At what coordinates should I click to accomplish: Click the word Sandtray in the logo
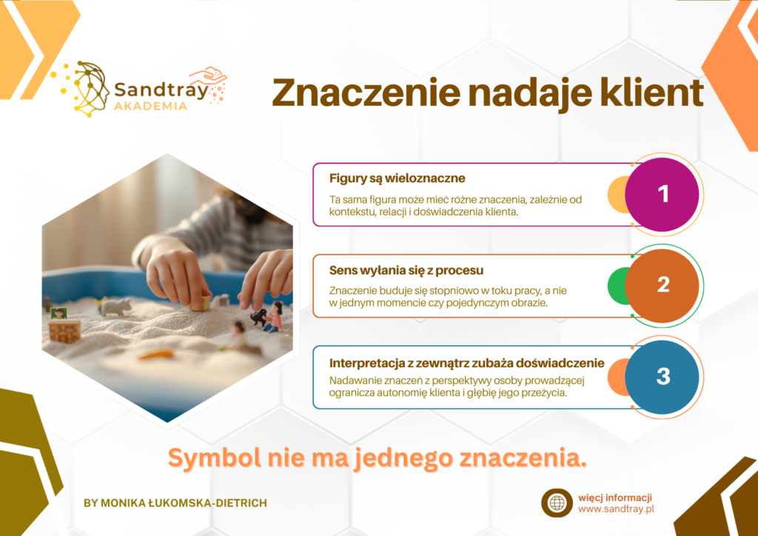tap(161, 90)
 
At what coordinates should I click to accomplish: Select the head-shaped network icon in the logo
tap(91, 89)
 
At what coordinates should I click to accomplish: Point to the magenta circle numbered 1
tap(662, 194)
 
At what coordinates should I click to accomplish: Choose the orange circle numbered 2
tap(662, 286)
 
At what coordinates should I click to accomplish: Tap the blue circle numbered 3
tap(662, 377)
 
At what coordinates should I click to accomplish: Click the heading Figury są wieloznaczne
tap(398, 178)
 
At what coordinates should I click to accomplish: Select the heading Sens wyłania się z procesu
tap(406, 270)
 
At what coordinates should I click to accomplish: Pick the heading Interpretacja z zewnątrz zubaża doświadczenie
tap(467, 363)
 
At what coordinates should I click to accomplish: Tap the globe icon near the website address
tap(557, 503)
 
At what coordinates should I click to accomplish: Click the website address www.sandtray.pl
tap(617, 509)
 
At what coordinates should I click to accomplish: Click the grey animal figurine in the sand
tap(116, 306)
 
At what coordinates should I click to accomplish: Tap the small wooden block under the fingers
tap(201, 303)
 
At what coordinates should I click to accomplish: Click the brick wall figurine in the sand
tap(64, 331)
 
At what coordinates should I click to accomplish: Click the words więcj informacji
tap(615, 498)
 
